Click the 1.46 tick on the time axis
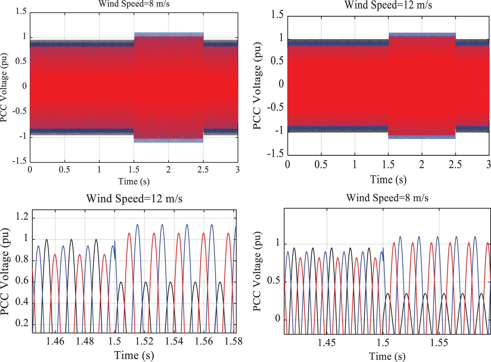(x=55, y=341)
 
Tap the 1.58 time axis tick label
(x=233, y=341)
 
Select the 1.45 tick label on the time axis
(x=327, y=342)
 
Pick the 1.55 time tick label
(x=439, y=342)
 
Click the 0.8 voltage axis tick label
(x=22, y=259)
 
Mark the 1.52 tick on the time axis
(x=144, y=341)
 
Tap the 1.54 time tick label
(x=174, y=341)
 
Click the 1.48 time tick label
(x=85, y=341)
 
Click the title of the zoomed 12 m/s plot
(x=134, y=199)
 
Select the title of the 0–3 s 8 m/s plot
(x=134, y=4)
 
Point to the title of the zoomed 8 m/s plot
(x=387, y=198)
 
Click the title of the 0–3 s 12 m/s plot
(x=388, y=5)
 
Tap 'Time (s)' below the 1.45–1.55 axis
(x=387, y=356)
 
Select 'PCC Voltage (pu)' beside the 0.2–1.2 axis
(x=5, y=272)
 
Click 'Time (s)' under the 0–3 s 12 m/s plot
(x=388, y=179)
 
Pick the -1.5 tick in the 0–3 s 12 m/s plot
(x=275, y=154)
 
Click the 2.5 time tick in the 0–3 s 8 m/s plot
(x=203, y=170)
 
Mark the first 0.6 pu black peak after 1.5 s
(x=121, y=282)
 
